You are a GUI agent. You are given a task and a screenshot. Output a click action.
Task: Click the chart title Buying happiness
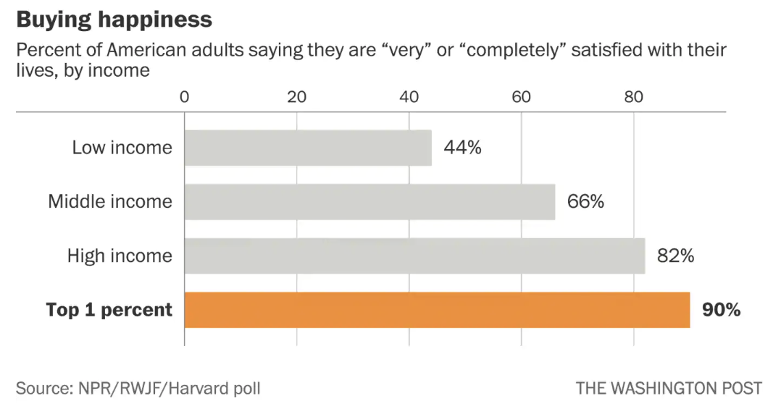coord(114,19)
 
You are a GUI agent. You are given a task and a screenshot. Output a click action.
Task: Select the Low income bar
coord(308,148)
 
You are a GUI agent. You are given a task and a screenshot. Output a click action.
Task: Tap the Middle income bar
coord(369,201)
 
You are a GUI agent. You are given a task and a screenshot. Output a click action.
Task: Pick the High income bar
coord(414,256)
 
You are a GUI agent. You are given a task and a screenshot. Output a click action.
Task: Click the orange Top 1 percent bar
coord(437,310)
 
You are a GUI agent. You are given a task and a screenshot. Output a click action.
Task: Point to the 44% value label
coord(462,148)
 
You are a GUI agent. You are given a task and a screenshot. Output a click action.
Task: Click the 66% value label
coord(585,201)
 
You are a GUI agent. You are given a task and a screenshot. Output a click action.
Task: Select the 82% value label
coord(676,256)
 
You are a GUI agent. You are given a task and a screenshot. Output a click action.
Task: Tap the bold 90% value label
coord(721,310)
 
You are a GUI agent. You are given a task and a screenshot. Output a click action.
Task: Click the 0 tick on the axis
coord(184,97)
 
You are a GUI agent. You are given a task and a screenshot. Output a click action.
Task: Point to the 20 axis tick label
coord(296,97)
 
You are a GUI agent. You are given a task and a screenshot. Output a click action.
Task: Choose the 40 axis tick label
coord(409,97)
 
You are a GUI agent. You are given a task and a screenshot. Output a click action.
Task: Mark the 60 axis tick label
coord(521,97)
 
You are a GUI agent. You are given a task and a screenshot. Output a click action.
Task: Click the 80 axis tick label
coord(634,97)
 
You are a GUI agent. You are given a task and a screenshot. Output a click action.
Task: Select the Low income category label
coord(122,148)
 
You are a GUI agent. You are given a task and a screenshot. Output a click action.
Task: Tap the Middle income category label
coord(110,201)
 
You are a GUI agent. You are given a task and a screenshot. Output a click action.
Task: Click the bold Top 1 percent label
coord(109,310)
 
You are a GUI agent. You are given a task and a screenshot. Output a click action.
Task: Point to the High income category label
coord(120,256)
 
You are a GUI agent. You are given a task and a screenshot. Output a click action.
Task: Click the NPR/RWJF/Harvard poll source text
coord(138,388)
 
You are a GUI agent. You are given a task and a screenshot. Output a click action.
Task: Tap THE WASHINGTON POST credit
coord(669,388)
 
